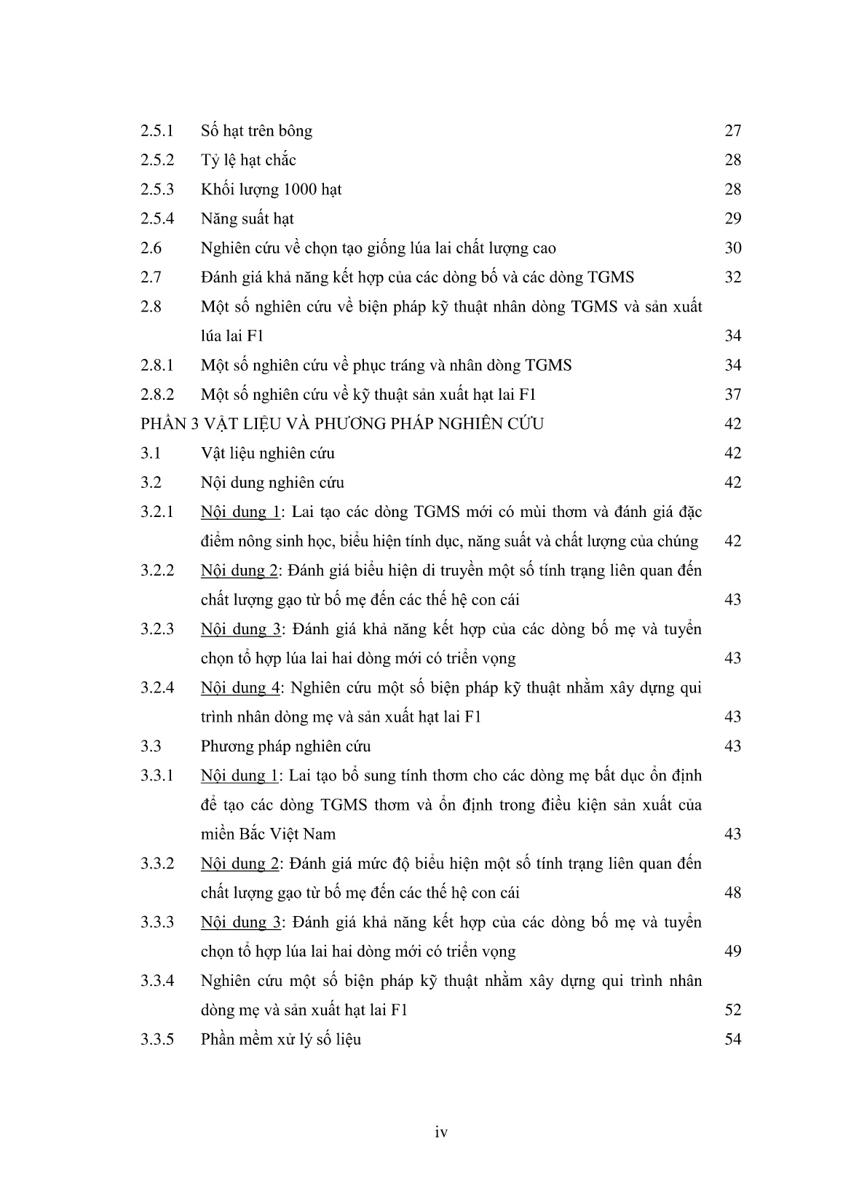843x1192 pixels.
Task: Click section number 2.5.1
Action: pyautogui.click(x=157, y=131)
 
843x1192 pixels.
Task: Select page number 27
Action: pyautogui.click(x=732, y=131)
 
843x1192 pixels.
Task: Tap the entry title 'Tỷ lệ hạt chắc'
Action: pyautogui.click(x=248, y=160)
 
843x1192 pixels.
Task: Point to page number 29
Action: pyautogui.click(x=732, y=219)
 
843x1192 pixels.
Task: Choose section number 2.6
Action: pyautogui.click(x=151, y=248)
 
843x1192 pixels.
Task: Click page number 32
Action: pyautogui.click(x=732, y=277)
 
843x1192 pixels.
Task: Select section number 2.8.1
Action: pyautogui.click(x=157, y=366)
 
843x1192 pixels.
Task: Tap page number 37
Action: pyautogui.click(x=732, y=395)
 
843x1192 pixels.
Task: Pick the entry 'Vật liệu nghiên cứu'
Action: pyautogui.click(x=267, y=453)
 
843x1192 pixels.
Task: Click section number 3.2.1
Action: pyautogui.click(x=157, y=512)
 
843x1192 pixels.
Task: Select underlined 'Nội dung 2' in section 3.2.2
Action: pyautogui.click(x=240, y=570)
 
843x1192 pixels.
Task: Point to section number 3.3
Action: pyautogui.click(x=151, y=746)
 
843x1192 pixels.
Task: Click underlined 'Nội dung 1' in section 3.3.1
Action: pyautogui.click(x=240, y=775)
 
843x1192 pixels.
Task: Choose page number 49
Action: pyautogui.click(x=732, y=952)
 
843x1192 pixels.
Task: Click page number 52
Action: pyautogui.click(x=732, y=1010)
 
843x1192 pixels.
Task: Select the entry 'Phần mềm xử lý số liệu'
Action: pyautogui.click(x=280, y=1039)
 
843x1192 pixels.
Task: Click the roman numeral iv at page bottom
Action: pyautogui.click(x=440, y=1132)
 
